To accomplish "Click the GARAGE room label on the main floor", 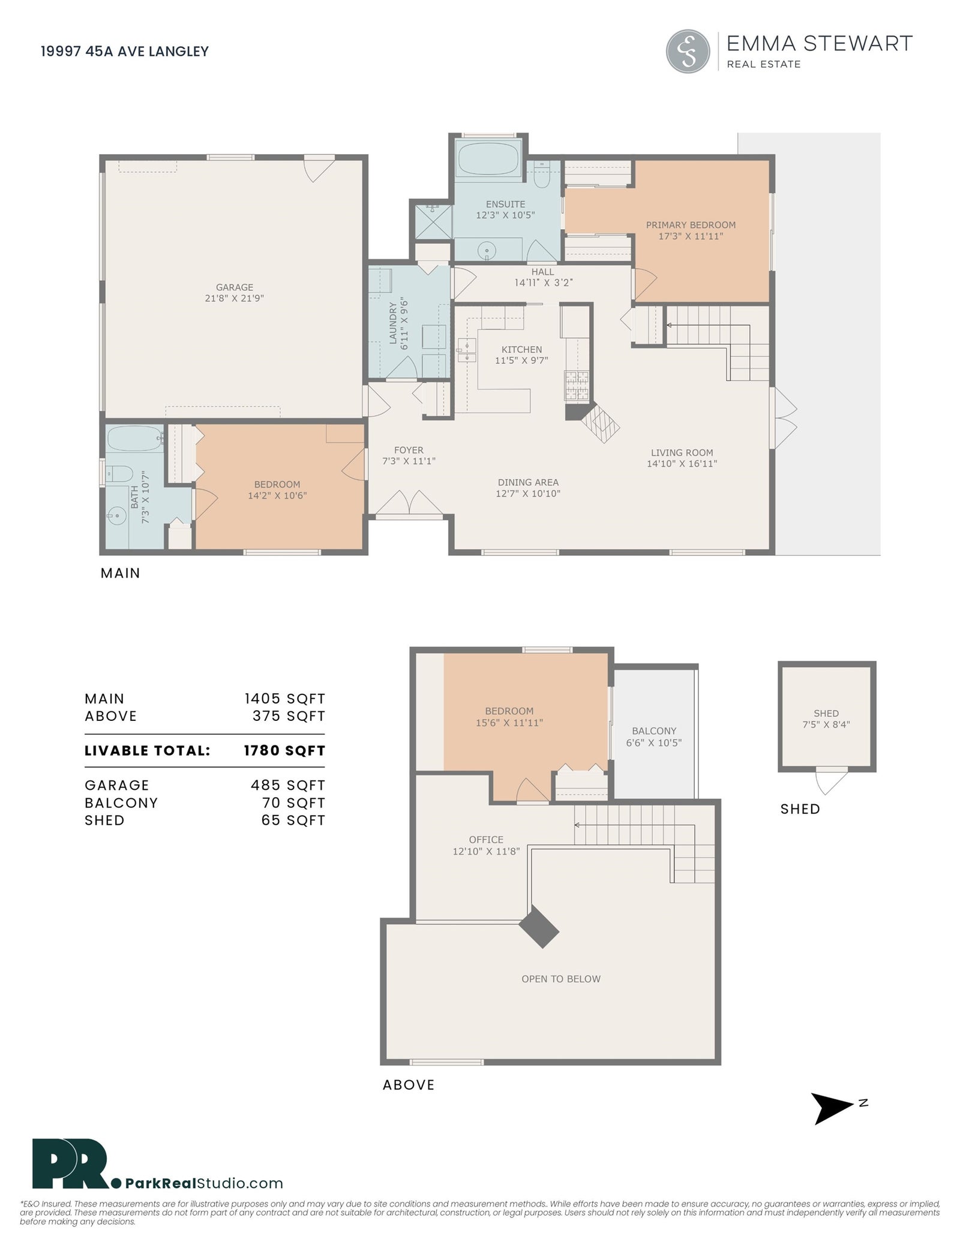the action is [235, 287].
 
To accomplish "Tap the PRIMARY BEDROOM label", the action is [691, 225].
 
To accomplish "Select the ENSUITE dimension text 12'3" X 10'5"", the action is [505, 215].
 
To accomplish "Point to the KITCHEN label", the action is [521, 350].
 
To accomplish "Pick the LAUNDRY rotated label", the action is [393, 323].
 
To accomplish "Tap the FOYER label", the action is [409, 450].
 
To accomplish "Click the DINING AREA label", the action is [528, 482].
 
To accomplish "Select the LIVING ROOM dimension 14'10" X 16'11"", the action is [682, 464].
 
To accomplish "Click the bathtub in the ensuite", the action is [489, 159].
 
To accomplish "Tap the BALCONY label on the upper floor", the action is [654, 731].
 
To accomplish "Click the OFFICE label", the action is [486, 840].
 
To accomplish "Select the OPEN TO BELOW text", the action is [561, 979].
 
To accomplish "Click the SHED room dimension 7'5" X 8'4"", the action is [826, 724].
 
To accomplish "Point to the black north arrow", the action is [831, 1108].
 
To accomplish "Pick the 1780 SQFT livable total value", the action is [284, 751].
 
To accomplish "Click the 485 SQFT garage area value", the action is [288, 786].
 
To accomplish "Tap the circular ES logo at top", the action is [688, 52].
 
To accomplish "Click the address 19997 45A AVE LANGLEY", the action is [125, 52].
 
